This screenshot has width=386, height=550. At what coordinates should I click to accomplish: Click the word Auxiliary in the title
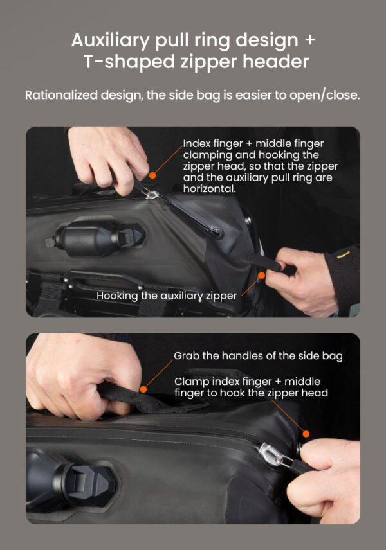tap(111, 40)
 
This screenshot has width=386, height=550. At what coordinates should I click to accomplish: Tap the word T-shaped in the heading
tap(129, 62)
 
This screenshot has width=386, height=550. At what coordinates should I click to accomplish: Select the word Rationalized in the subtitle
tap(61, 94)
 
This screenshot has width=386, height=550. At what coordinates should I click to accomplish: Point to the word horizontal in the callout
tap(209, 189)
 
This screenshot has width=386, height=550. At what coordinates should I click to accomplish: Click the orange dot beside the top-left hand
tap(152, 175)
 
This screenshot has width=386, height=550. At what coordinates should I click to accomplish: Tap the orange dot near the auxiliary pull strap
tap(261, 276)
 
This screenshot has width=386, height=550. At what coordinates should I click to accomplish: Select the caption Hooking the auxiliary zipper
tap(167, 296)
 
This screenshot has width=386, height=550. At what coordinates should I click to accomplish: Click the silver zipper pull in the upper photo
tap(152, 193)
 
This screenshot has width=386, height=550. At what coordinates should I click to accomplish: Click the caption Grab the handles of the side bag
tap(258, 356)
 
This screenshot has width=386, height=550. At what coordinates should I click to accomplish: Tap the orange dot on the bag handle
tap(143, 389)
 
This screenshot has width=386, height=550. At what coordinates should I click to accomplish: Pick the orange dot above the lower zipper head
tap(306, 434)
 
